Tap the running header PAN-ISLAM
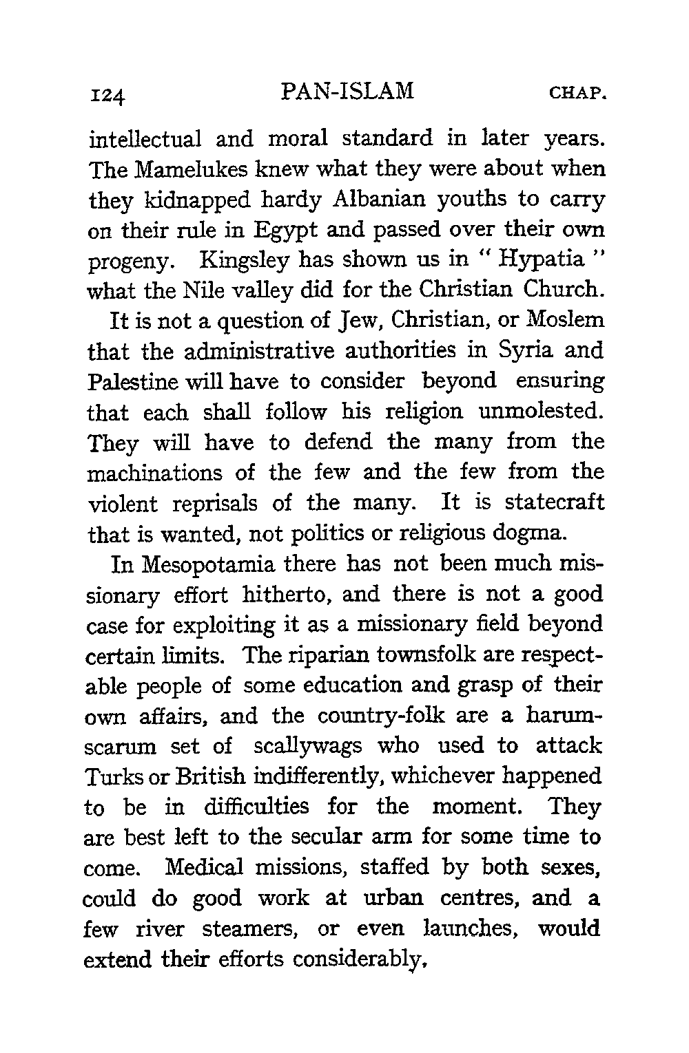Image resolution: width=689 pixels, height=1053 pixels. click(x=348, y=91)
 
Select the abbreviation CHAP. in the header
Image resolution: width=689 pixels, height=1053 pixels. click(x=577, y=92)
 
